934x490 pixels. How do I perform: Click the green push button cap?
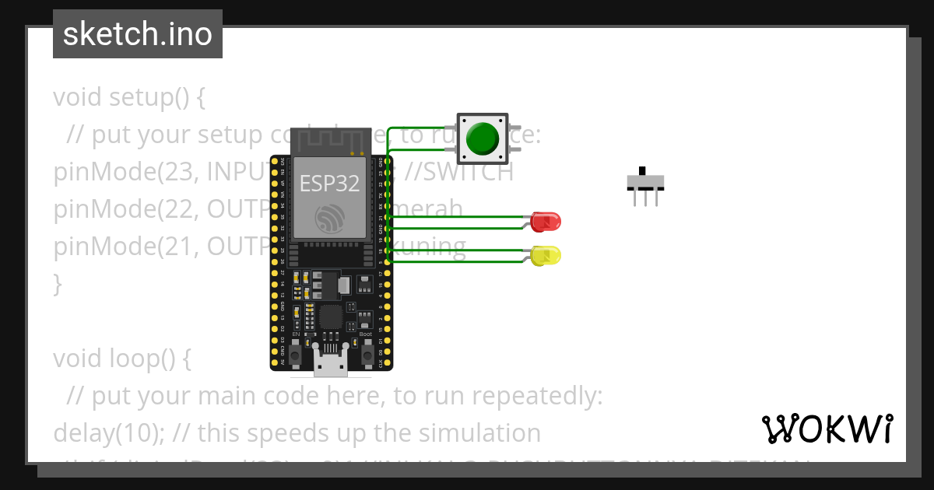coord(482,138)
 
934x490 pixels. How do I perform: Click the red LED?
coord(545,222)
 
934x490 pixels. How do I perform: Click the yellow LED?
coord(546,255)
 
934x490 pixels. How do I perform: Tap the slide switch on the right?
coord(645,184)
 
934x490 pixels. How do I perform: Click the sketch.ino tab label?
coord(138,34)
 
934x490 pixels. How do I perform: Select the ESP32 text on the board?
coord(330,184)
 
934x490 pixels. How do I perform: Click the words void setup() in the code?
coord(129,98)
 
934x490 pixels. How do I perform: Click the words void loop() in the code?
coord(121,359)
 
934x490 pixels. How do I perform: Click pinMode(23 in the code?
coord(117,173)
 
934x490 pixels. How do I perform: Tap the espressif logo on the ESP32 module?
coord(330,218)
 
